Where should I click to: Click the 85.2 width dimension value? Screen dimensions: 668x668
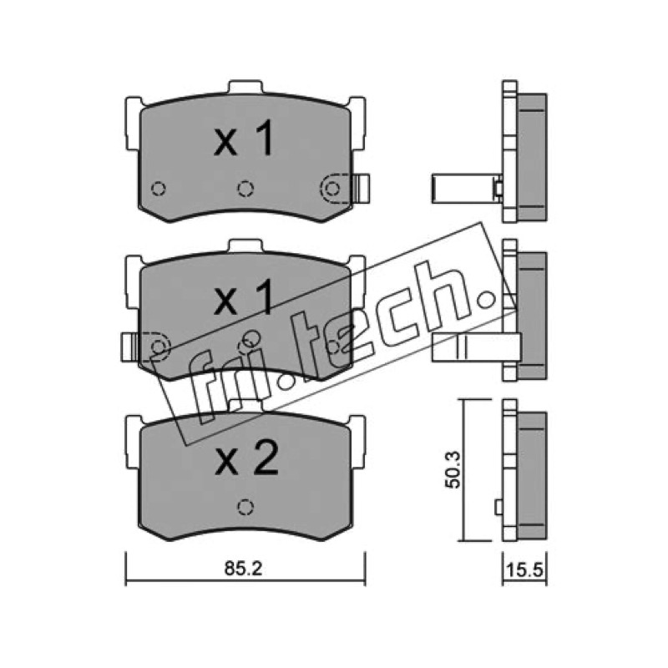[243, 569]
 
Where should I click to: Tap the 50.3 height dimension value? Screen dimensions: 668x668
[452, 470]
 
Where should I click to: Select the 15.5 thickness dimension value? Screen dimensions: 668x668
[525, 570]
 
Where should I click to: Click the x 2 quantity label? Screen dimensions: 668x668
[246, 458]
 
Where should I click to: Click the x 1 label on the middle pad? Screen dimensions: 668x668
[243, 297]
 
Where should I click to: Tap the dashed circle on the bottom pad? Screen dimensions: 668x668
[245, 507]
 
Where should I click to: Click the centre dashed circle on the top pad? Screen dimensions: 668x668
[245, 188]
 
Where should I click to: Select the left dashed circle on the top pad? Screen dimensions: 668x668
[159, 188]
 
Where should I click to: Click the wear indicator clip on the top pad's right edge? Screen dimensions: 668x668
[362, 188]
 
